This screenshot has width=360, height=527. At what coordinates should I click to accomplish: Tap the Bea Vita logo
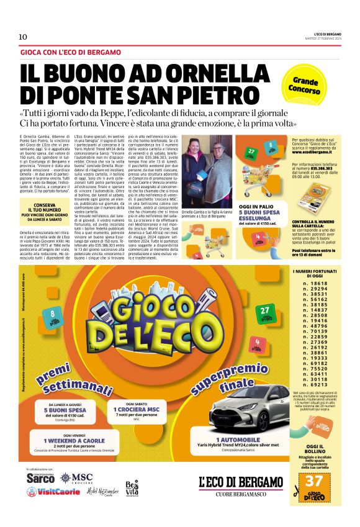tap(132, 487)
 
